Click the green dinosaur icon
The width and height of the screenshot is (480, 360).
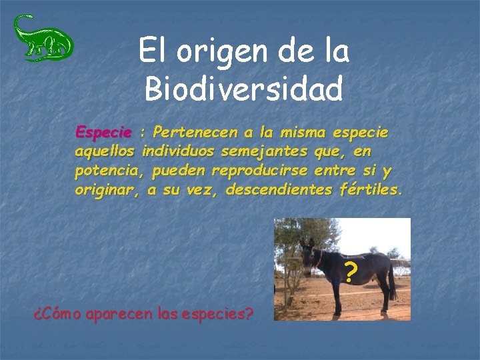(43, 38)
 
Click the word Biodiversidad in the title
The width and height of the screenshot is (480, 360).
(244, 89)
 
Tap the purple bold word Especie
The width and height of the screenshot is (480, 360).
(104, 132)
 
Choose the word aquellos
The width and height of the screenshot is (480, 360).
(105, 151)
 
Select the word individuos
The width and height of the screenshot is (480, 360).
(179, 151)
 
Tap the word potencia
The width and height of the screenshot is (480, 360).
(108, 171)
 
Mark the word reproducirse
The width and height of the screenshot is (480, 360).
(259, 171)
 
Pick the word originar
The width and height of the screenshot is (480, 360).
(107, 190)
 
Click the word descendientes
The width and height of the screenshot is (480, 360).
(278, 190)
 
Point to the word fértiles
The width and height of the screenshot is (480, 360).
(370, 190)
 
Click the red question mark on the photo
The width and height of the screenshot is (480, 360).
(350, 272)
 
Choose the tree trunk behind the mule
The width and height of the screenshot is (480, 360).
(287, 280)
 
